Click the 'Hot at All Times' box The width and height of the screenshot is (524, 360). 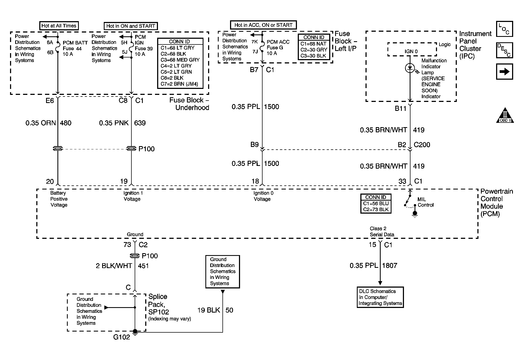[59, 26]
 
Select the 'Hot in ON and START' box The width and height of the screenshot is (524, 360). [131, 26]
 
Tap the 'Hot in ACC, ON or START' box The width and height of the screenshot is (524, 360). [263, 25]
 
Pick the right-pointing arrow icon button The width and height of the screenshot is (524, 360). [504, 72]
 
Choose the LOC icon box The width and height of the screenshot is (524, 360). [504, 29]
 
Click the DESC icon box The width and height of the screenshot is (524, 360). [504, 50]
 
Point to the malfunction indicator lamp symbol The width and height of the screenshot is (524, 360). [410, 68]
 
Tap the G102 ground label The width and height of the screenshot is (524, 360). [122, 337]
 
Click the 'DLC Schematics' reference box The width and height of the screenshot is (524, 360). [380, 297]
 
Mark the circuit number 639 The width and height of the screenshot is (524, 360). [140, 123]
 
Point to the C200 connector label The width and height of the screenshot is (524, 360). [422, 145]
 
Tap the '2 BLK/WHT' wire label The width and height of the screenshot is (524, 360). [114, 266]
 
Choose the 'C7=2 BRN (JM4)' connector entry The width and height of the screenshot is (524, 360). [179, 84]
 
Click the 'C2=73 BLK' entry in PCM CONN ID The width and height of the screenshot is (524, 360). [376, 209]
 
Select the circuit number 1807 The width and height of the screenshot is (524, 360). [390, 266]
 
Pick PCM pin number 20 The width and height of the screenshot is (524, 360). [50, 182]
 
